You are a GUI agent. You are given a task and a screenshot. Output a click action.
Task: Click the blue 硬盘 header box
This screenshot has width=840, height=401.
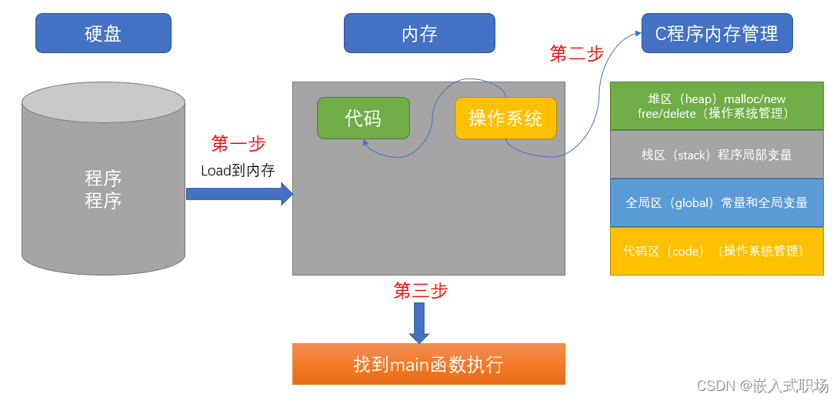point(103,34)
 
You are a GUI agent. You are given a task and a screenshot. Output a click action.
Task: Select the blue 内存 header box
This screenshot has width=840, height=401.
point(419,34)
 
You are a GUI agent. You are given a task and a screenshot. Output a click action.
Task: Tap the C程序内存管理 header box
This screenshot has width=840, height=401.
point(716,34)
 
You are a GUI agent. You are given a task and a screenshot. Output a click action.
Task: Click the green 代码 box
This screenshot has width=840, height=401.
point(363,118)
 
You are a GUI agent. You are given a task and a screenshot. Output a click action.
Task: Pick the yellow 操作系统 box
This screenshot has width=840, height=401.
point(505,118)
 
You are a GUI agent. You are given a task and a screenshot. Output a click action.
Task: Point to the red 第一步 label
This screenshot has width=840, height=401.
point(238,144)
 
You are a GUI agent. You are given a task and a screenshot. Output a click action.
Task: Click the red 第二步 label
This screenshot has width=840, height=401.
point(577,53)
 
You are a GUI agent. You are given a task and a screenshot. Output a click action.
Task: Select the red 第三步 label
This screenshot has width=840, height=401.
point(421,290)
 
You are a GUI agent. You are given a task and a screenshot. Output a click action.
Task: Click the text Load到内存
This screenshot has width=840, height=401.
point(238,170)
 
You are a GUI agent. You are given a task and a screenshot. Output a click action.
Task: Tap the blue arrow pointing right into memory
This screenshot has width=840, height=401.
point(239,194)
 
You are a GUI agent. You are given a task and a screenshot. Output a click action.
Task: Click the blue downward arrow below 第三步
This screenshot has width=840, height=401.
point(418,322)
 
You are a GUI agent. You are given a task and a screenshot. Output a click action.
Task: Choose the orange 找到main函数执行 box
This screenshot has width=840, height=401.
point(428,364)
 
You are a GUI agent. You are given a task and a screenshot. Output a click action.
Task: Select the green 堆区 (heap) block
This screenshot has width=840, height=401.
point(716,105)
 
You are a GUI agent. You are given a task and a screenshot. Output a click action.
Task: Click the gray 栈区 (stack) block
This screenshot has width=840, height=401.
point(716,155)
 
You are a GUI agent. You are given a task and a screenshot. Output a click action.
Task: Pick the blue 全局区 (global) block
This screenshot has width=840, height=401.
point(716,202)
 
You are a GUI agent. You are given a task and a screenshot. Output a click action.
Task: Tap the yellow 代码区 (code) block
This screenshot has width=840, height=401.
point(716,251)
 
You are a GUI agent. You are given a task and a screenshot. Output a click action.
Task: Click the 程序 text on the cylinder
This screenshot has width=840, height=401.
point(103,189)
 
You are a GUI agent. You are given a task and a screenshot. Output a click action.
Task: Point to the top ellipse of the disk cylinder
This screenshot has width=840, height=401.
point(103,102)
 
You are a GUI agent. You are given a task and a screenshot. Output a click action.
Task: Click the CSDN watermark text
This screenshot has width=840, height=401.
point(762,386)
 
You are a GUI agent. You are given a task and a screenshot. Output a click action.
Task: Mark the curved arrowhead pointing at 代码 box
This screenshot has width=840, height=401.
point(366,143)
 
